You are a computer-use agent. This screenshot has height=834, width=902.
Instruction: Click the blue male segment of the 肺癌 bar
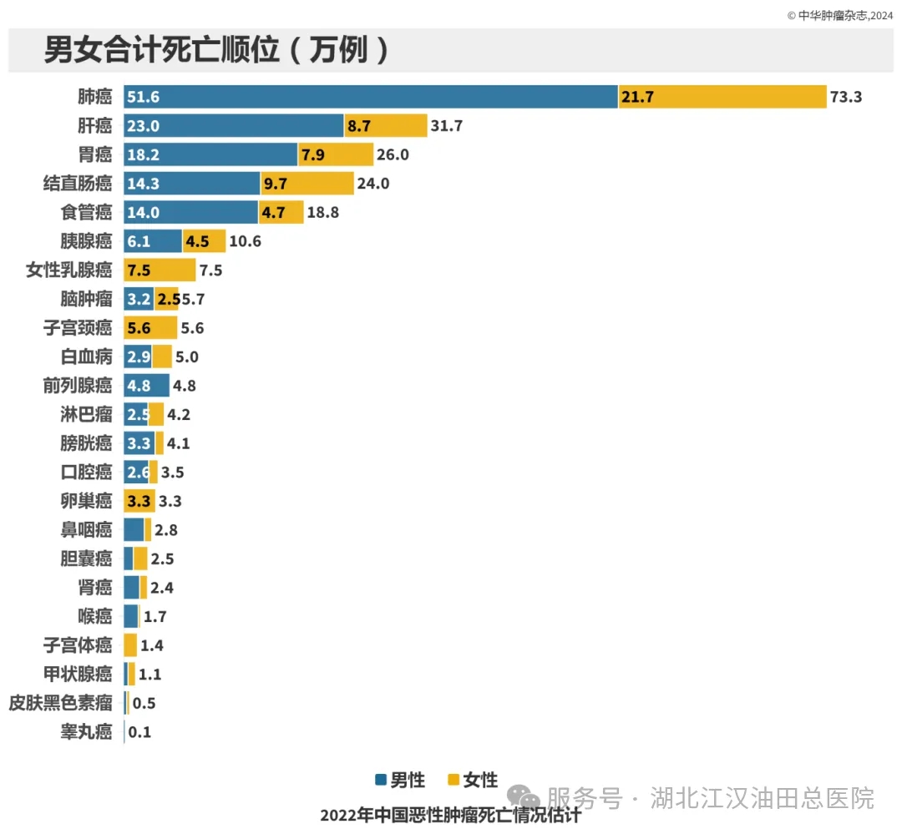pyautogui.click(x=370, y=97)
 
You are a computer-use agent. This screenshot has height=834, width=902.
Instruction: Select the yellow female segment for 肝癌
pyautogui.click(x=385, y=126)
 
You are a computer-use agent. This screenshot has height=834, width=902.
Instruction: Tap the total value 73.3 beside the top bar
pyautogui.click(x=844, y=97)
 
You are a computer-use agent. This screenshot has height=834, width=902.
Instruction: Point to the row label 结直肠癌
pyautogui.click(x=77, y=184)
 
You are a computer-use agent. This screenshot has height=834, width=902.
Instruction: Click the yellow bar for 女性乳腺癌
pyautogui.click(x=160, y=270)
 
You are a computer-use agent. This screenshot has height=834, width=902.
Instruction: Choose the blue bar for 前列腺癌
pyautogui.click(x=146, y=386)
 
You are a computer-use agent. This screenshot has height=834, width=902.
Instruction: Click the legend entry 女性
pyautogui.click(x=473, y=781)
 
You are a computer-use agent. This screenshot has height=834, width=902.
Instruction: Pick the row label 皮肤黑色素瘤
pyautogui.click(x=60, y=703)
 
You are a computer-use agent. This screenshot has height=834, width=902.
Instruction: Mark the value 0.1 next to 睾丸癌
pyautogui.click(x=140, y=732)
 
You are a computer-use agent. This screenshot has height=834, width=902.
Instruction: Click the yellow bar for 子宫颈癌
pyautogui.click(x=150, y=328)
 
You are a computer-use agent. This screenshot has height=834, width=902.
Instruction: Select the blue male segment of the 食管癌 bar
pyautogui.click(x=190, y=213)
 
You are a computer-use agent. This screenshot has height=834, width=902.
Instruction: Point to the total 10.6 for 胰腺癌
pyautogui.click(x=245, y=242)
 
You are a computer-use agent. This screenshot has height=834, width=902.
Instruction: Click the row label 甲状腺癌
pyautogui.click(x=77, y=675)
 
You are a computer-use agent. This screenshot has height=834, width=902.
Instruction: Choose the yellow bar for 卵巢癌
pyautogui.click(x=139, y=501)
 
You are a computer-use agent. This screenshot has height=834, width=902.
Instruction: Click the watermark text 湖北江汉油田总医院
pyautogui.click(x=762, y=798)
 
